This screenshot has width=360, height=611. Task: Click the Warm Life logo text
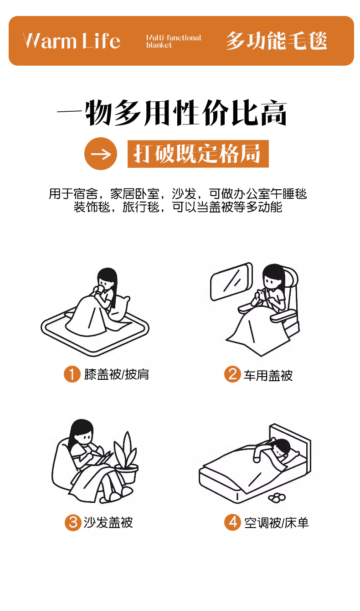[x=72, y=41]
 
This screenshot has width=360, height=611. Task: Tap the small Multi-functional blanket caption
[x=174, y=41]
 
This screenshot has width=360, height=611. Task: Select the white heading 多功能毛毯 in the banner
[x=276, y=41]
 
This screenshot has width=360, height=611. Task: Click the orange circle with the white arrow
[x=101, y=154]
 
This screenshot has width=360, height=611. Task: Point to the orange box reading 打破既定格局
[x=198, y=154]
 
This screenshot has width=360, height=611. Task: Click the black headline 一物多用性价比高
[x=172, y=112]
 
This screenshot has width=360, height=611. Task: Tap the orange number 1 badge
[x=72, y=374]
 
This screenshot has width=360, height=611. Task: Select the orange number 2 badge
[x=232, y=374]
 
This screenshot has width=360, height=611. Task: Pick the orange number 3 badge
[x=73, y=523]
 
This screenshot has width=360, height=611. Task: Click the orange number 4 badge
[x=232, y=523]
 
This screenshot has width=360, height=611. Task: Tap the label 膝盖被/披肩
[x=117, y=374]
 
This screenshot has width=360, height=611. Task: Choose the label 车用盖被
[x=268, y=375]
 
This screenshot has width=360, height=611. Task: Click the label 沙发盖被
[x=108, y=523]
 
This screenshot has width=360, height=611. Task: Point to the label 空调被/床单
[x=276, y=523]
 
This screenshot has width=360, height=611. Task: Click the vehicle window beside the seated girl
[x=231, y=281]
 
